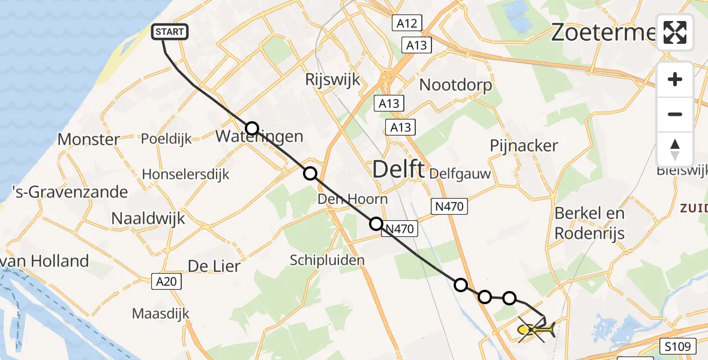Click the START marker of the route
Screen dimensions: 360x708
pyautogui.click(x=170, y=32)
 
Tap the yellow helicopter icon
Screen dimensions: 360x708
pyautogui.click(x=536, y=329)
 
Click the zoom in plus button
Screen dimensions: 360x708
pyautogui.click(x=675, y=79)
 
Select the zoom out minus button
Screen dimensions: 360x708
pyautogui.click(x=675, y=114)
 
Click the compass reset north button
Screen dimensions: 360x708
pyautogui.click(x=675, y=149)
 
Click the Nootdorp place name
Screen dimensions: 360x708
pyautogui.click(x=455, y=85)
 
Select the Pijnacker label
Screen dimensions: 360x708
pyautogui.click(x=524, y=145)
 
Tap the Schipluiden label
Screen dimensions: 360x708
pyautogui.click(x=327, y=260)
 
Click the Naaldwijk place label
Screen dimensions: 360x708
pyautogui.click(x=148, y=218)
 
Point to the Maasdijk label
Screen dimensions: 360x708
pyautogui.click(x=160, y=314)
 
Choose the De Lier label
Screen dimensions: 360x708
pyautogui.click(x=214, y=266)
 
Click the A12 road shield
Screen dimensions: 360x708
pyautogui.click(x=406, y=23)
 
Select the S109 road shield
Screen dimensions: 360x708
pyautogui.click(x=680, y=346)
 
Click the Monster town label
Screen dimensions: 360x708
pyautogui.click(x=88, y=140)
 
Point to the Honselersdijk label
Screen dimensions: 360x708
pyautogui.click(x=185, y=175)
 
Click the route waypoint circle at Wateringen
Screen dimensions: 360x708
pyautogui.click(x=252, y=128)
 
